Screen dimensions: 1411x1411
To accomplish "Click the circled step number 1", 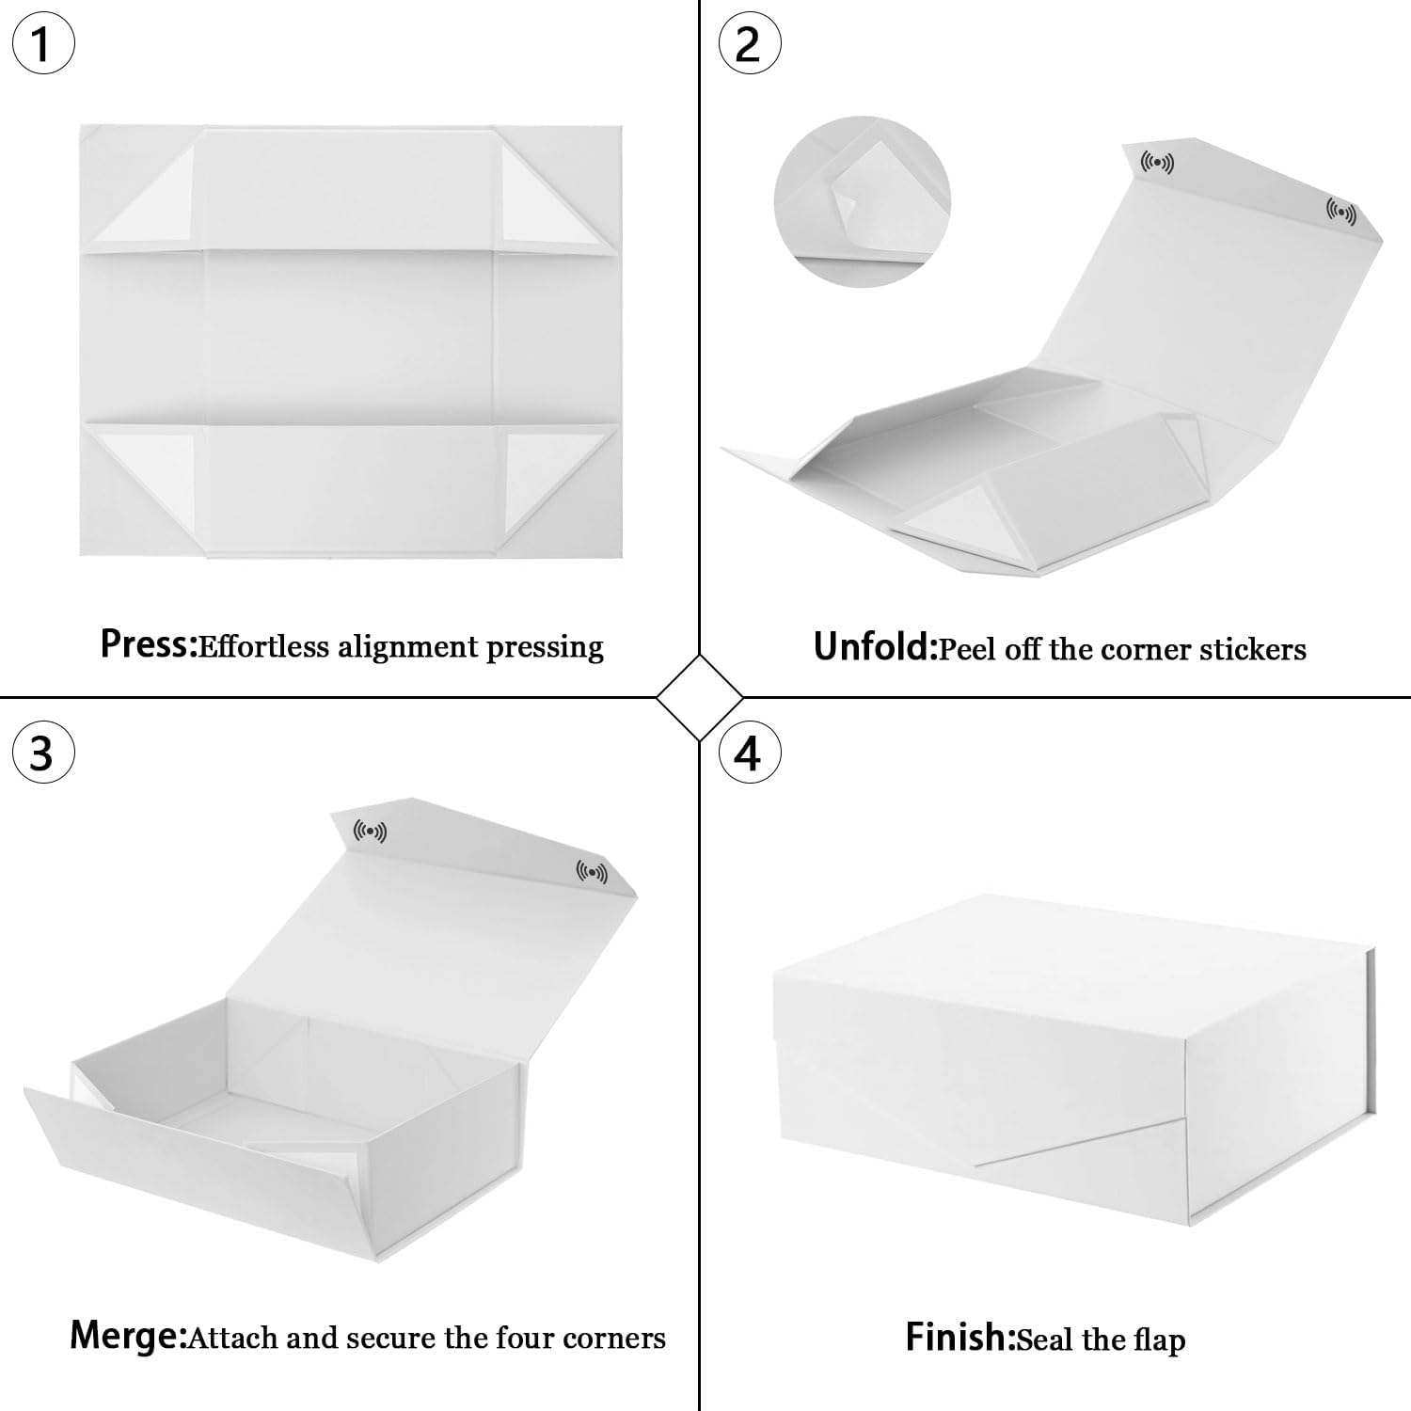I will pyautogui.click(x=41, y=44).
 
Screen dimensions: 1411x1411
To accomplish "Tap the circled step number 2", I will pyautogui.click(x=749, y=44).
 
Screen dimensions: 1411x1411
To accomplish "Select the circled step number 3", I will pyautogui.click(x=41, y=753).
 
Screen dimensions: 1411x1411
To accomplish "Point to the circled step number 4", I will pyautogui.click(x=749, y=753).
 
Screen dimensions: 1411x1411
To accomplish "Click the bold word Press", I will pyautogui.click(x=147, y=645).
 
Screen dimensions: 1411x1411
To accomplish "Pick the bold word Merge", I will pyautogui.click(x=127, y=1336).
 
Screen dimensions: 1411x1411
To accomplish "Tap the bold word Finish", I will pyautogui.click(x=959, y=1337).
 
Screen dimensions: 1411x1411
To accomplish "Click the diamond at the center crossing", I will pyautogui.click(x=700, y=698).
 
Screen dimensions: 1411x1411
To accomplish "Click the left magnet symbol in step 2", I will pyautogui.click(x=1157, y=163).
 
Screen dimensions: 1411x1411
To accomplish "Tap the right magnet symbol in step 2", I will pyautogui.click(x=1340, y=213).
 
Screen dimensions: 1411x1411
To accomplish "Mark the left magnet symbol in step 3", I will pyautogui.click(x=370, y=832).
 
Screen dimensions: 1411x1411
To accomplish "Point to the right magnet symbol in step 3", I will pyautogui.click(x=592, y=873).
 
